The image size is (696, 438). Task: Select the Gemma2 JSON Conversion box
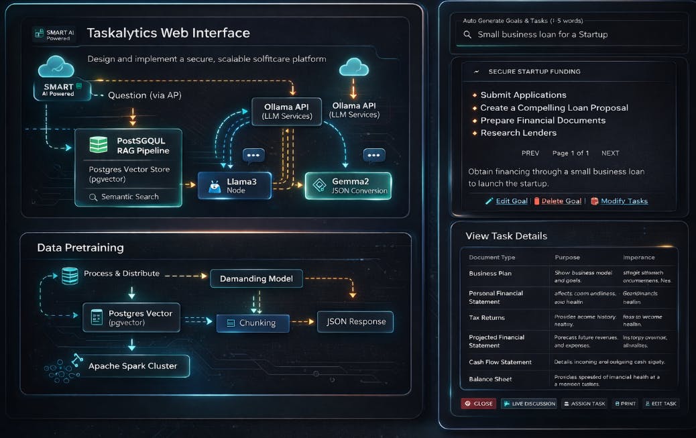click(x=347, y=186)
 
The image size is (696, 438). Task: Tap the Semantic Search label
click(x=129, y=197)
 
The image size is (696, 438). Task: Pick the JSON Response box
click(x=355, y=321)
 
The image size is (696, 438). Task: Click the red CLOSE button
click(x=478, y=404)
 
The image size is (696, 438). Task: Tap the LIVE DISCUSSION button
click(x=529, y=404)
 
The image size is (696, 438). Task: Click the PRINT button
click(x=624, y=404)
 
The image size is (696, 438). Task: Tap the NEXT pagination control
click(x=610, y=153)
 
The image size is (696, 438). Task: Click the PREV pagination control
click(x=530, y=153)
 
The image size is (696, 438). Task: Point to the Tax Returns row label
click(x=487, y=318)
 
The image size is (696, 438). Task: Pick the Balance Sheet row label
click(x=490, y=379)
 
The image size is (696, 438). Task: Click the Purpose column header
click(x=567, y=258)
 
